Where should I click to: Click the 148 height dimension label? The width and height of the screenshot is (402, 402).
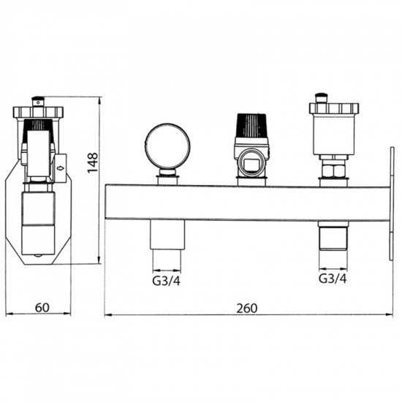[x=93, y=163]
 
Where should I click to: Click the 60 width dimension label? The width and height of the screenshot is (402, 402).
[x=42, y=308]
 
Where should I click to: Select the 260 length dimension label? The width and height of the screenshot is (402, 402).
[x=246, y=308]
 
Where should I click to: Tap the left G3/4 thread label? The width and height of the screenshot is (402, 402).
[x=167, y=281]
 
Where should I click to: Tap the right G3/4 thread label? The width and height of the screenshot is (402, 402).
[x=333, y=278]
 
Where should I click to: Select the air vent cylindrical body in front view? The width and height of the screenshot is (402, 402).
[x=334, y=134]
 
